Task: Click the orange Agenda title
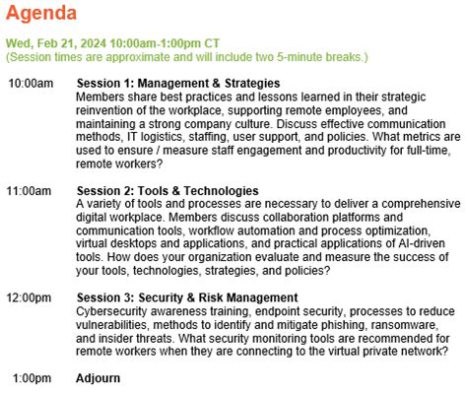[x=41, y=14]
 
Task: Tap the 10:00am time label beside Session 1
[x=31, y=83]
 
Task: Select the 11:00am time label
[x=29, y=191]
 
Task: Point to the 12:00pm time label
[x=29, y=297]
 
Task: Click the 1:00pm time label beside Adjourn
[x=32, y=378]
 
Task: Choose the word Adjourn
[x=98, y=378]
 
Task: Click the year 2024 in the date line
[x=94, y=43]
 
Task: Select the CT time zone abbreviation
[x=212, y=43]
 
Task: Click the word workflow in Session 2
[x=212, y=230]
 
